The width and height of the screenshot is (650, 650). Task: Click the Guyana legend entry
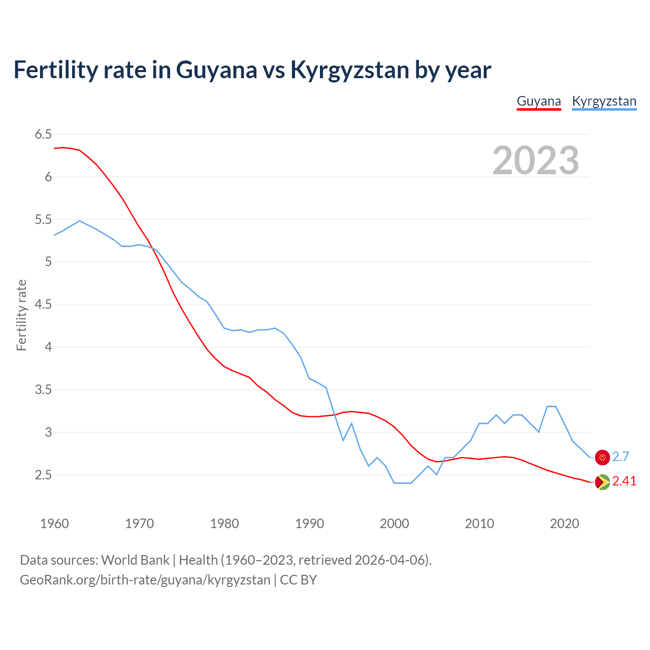539,101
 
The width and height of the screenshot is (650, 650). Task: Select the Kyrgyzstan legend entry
604,101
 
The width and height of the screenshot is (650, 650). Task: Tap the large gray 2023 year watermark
535,160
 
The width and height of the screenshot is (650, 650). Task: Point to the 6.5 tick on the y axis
43,135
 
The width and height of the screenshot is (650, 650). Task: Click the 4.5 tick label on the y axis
43,305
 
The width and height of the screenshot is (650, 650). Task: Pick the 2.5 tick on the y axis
43,475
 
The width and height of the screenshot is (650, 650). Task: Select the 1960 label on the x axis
54,524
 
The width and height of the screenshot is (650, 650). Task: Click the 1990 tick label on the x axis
309,524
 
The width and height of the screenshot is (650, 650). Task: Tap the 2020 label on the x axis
564,524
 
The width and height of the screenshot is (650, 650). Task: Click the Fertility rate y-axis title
21,315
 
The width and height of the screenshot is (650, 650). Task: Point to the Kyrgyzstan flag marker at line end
602,457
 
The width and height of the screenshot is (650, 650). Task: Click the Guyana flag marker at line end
602,482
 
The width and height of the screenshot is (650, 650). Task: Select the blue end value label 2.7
621,457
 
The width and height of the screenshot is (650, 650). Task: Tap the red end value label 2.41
624,481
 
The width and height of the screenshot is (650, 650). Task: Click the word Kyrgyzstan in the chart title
349,70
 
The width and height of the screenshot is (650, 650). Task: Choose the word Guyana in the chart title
216,70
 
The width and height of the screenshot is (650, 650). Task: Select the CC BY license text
299,580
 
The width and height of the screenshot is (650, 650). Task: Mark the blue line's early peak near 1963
80,221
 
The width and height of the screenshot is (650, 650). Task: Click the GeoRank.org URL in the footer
145,580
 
